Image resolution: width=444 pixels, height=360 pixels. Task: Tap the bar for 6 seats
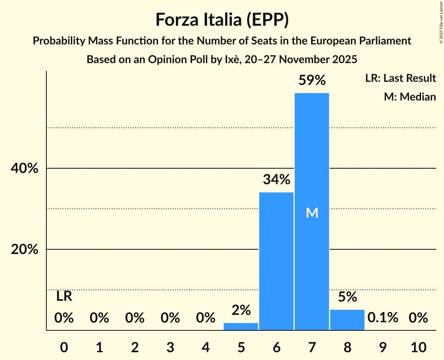coord(276,261)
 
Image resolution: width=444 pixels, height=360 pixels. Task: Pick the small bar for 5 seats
coord(241,326)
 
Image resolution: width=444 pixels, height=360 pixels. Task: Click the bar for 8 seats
coord(347,320)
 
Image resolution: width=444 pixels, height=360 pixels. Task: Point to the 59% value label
coord(312,80)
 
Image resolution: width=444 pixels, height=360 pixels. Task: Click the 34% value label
coord(276,180)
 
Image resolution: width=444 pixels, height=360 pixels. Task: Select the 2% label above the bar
coord(241,310)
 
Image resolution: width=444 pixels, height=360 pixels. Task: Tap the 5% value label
coord(347,297)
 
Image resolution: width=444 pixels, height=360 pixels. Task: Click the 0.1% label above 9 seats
coord(383,318)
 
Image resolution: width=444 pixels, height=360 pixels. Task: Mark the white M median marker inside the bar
coord(312,213)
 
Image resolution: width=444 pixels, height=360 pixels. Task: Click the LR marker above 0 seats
coord(64,296)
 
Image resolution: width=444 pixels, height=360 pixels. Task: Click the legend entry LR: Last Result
coord(400,78)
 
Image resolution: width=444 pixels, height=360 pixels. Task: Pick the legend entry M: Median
coord(410,97)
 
